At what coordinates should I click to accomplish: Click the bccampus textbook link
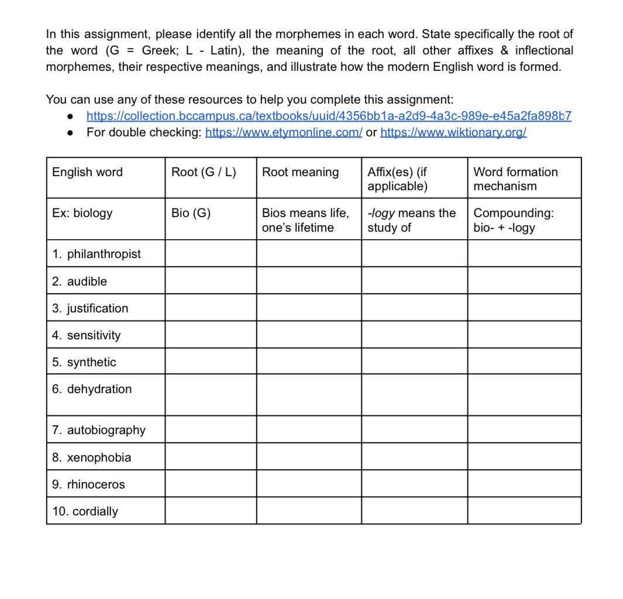click(329, 116)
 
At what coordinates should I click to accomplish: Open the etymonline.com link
click(284, 132)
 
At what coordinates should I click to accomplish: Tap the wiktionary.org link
click(453, 132)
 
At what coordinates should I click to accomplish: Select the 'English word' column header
click(87, 172)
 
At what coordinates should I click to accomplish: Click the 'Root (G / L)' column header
click(204, 172)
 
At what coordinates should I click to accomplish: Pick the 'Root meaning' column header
click(300, 172)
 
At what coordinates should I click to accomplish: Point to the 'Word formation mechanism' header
click(515, 179)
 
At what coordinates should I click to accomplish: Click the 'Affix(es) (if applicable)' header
click(397, 179)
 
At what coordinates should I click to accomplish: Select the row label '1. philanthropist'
click(97, 254)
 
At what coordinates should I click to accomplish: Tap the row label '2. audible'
click(80, 281)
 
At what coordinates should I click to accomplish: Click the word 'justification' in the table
click(97, 308)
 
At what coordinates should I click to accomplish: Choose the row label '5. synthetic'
click(84, 362)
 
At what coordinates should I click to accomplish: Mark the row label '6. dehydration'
click(92, 389)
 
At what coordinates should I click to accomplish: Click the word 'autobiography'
click(106, 430)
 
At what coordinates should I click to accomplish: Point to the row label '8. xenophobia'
click(92, 457)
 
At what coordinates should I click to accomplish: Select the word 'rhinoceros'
click(96, 484)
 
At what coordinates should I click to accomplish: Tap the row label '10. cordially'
click(85, 511)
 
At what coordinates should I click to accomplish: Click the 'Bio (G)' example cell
click(191, 213)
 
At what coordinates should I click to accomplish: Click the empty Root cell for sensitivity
click(211, 335)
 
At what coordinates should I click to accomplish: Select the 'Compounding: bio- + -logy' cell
click(513, 220)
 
